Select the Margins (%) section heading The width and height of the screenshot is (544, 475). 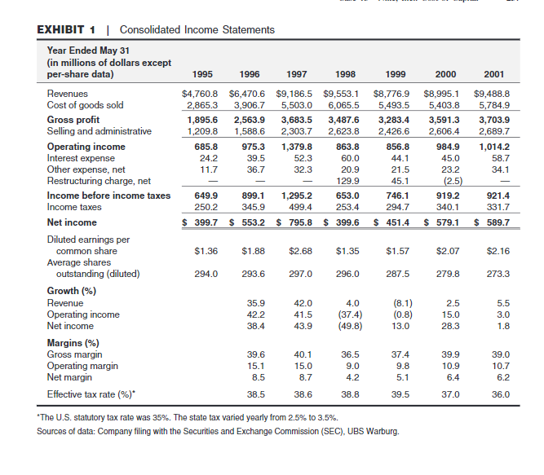77,343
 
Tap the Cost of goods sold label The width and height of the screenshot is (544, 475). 85,105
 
